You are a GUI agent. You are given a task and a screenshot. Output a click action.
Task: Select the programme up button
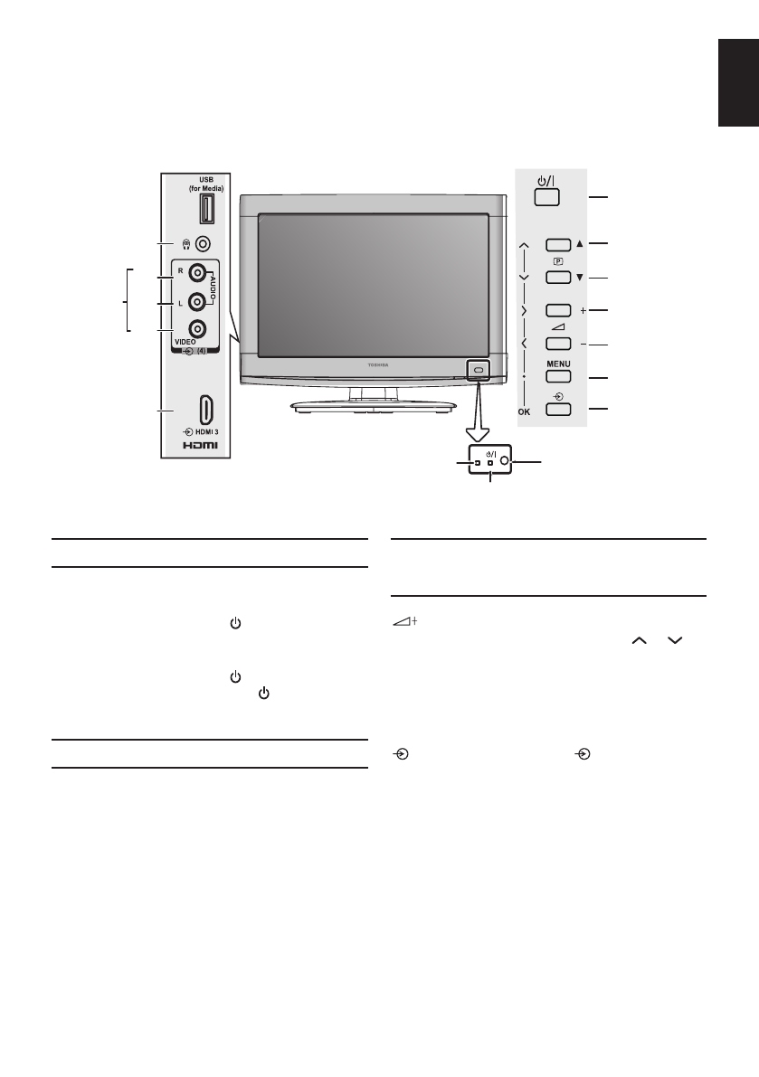(x=558, y=244)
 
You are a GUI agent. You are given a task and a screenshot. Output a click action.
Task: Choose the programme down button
(x=558, y=277)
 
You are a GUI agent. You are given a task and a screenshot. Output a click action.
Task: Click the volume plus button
(x=558, y=310)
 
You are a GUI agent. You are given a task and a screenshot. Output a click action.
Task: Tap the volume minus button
(x=558, y=344)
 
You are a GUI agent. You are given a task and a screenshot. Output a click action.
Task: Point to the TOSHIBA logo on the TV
(x=374, y=364)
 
